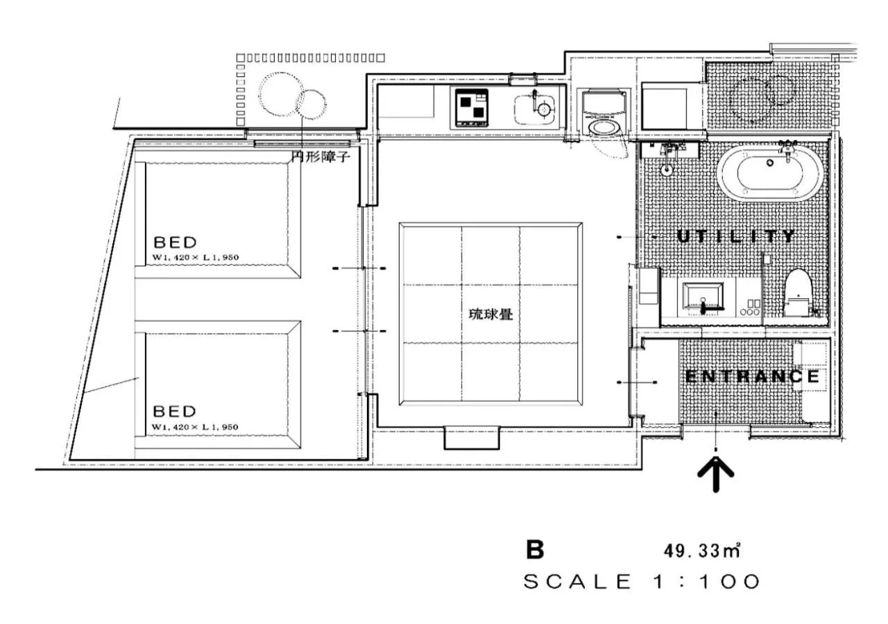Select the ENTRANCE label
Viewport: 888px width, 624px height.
coord(752,377)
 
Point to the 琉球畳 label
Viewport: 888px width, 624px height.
coord(491,314)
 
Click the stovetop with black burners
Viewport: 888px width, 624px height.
coord(472,107)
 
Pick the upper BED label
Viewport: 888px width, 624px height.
coord(175,243)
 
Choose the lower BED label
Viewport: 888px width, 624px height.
coord(175,411)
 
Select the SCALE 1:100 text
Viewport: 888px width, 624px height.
coord(642,582)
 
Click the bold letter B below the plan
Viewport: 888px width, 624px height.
coord(535,551)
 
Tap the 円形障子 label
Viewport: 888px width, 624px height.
coord(321,157)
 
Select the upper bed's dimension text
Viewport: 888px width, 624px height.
coord(196,258)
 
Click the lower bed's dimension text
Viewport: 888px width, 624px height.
coord(196,426)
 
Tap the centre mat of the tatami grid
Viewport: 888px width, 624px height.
coord(490,313)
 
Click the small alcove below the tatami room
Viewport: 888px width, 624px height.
coord(471,437)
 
